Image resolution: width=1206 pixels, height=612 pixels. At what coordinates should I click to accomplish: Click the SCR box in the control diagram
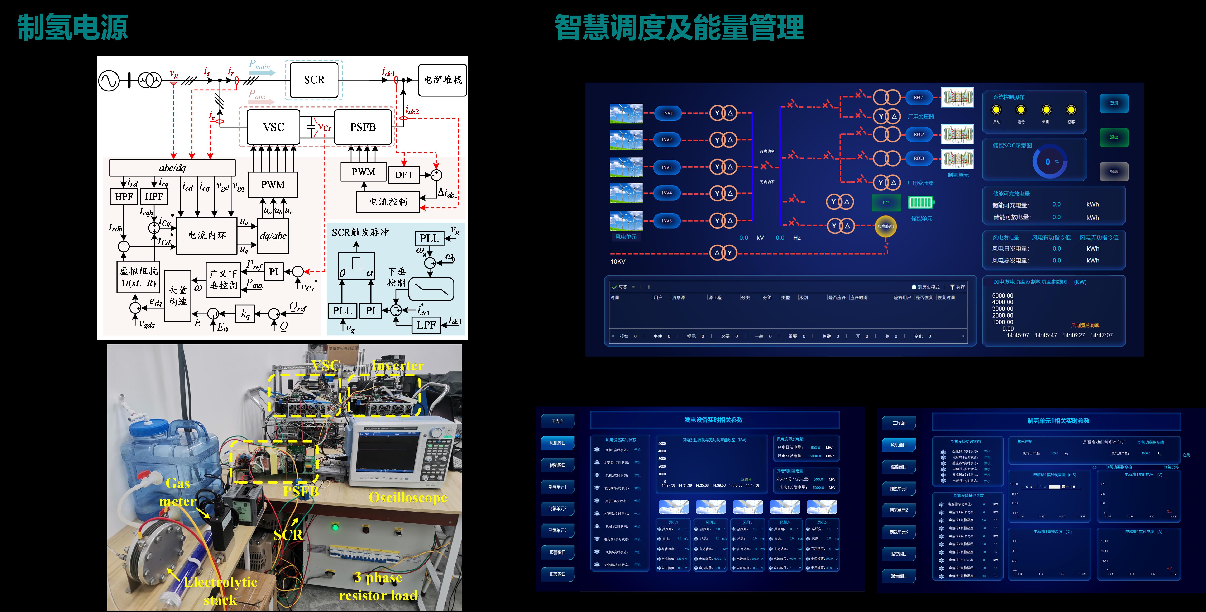pos(314,80)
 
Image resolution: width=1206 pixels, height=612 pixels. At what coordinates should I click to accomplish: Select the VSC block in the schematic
pos(273,127)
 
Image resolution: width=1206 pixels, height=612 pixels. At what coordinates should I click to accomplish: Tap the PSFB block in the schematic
pos(363,127)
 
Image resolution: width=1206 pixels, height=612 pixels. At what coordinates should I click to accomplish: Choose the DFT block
pos(404,175)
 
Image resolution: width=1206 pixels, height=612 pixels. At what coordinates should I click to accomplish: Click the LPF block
pos(426,324)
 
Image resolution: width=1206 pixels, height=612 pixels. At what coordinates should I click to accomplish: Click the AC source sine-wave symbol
pos(109,81)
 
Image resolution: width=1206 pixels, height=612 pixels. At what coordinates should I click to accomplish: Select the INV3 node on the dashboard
pos(667,167)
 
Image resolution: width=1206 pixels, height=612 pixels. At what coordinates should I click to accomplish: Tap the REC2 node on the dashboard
pos(919,134)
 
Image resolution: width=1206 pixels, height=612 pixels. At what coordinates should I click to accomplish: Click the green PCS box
pos(886,203)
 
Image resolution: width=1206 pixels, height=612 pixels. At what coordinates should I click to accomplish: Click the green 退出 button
pos(1114,137)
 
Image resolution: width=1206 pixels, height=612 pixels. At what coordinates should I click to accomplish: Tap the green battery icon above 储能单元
pos(921,202)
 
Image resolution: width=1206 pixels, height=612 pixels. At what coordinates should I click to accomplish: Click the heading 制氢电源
pos(73,27)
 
